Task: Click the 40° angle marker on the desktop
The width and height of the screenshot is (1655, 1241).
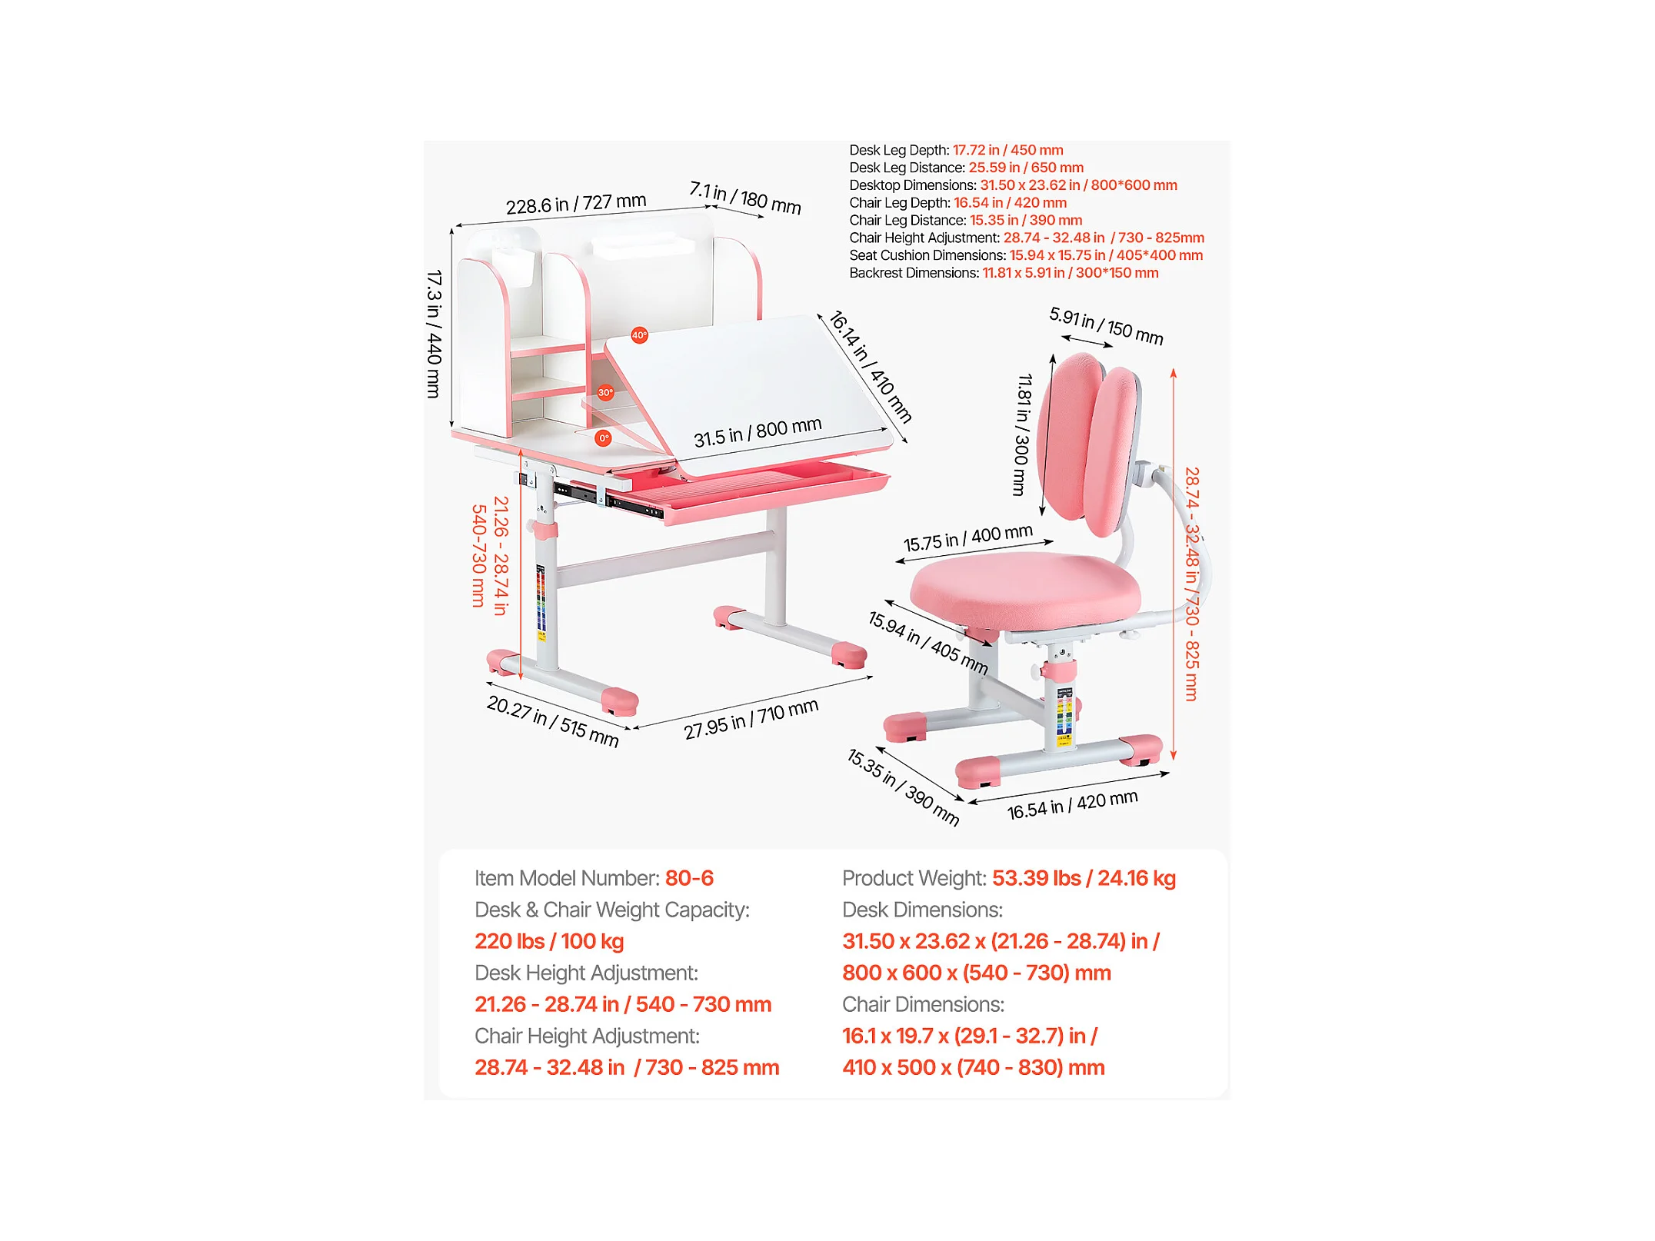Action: click(x=639, y=335)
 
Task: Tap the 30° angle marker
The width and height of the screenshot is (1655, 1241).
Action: click(x=606, y=393)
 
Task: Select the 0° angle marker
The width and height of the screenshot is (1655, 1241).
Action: click(x=604, y=438)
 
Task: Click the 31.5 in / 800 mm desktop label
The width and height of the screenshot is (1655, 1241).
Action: click(x=758, y=433)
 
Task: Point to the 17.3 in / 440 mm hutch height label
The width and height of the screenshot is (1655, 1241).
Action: click(x=435, y=334)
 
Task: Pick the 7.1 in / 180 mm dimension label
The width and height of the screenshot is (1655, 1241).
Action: click(x=745, y=198)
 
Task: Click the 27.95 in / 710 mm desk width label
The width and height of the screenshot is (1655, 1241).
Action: click(x=751, y=720)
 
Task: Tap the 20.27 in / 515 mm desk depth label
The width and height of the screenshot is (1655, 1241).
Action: click(x=553, y=721)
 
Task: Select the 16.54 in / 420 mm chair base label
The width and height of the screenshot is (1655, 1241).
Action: click(x=1072, y=805)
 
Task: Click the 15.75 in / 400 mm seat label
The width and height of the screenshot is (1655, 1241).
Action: click(x=967, y=538)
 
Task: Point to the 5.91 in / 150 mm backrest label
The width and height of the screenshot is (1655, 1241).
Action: click(x=1106, y=326)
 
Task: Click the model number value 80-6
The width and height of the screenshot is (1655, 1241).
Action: click(x=689, y=878)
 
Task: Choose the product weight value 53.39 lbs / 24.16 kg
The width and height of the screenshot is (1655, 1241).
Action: click(x=1084, y=878)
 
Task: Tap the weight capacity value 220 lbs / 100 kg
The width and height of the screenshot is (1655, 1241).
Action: click(x=549, y=941)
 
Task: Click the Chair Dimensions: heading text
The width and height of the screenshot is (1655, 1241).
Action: click(x=923, y=1004)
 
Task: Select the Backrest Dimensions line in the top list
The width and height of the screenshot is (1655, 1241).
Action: click(x=1004, y=273)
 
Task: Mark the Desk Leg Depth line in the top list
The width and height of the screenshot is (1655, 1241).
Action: click(x=956, y=150)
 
